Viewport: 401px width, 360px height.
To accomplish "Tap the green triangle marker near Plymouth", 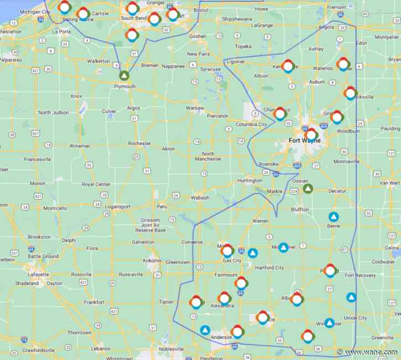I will pos(125,76).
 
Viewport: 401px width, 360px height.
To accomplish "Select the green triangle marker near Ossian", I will pos(308,189).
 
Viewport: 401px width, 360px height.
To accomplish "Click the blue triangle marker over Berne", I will pos(334,217).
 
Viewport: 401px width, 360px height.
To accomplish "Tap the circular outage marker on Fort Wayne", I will pos(311,134).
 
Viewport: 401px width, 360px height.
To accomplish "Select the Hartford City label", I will pos(270,268).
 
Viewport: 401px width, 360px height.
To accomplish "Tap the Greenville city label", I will pos(382,337).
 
